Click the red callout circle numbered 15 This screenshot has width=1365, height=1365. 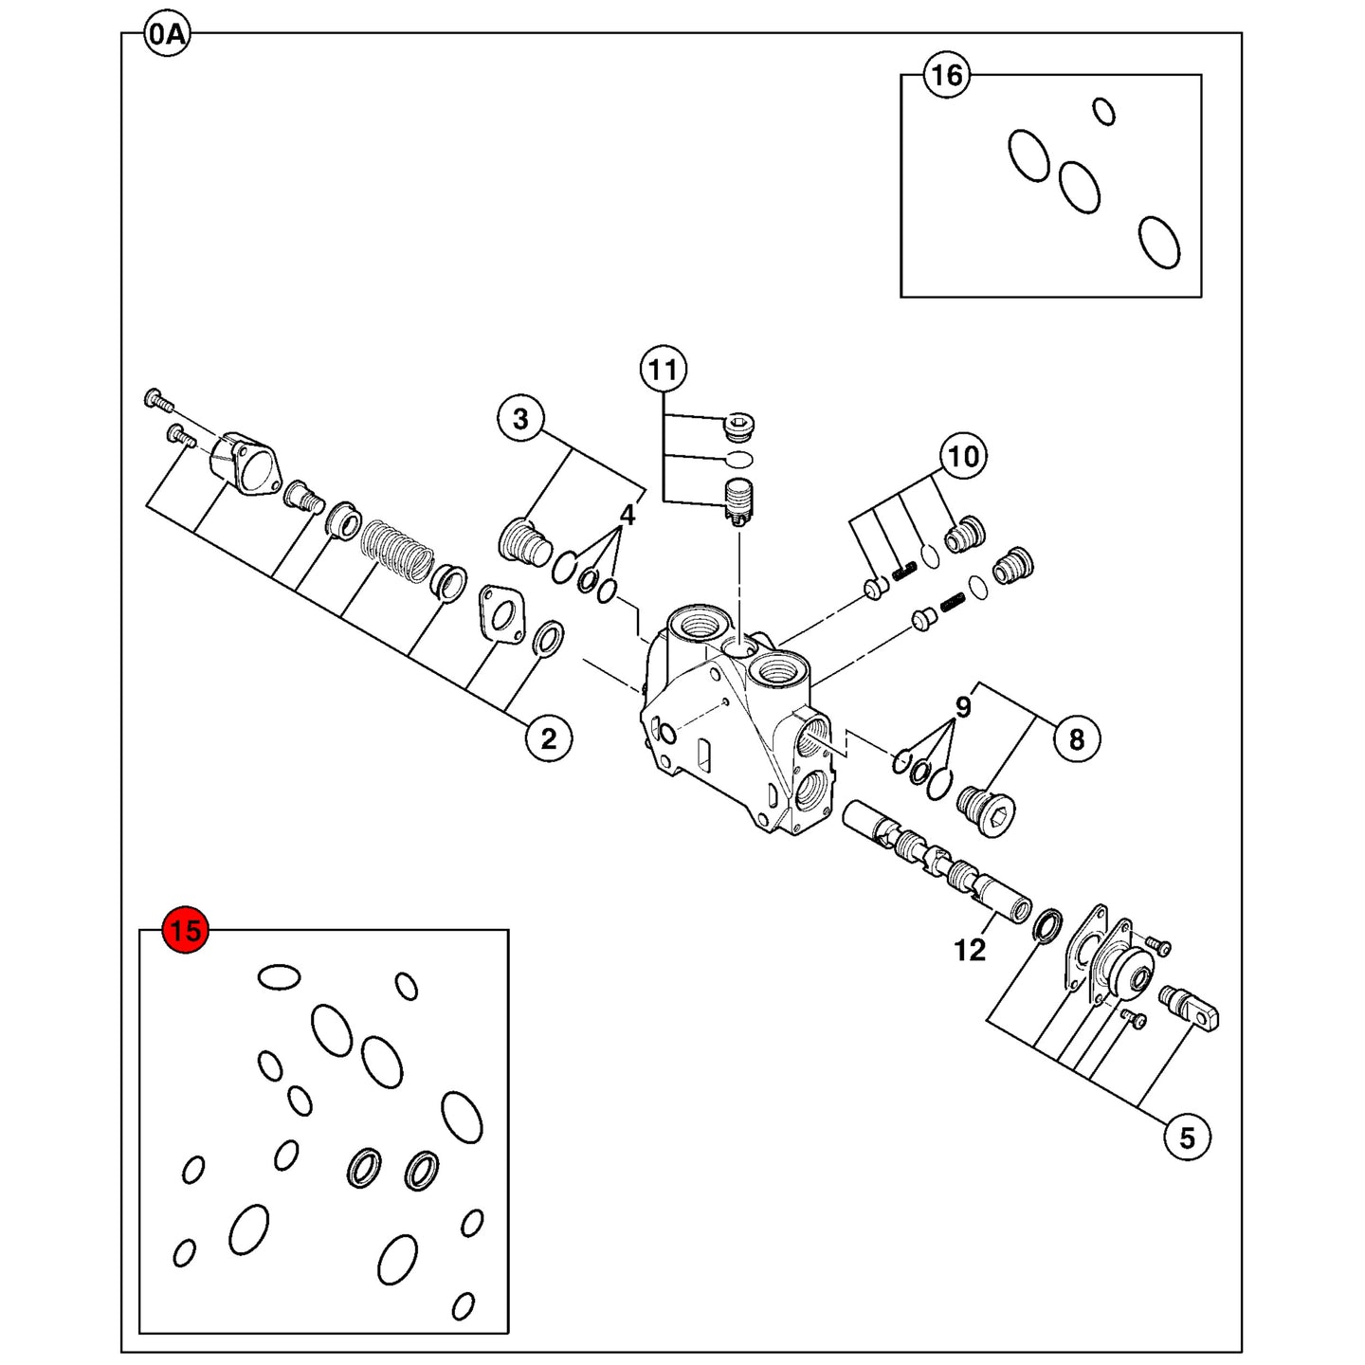185,930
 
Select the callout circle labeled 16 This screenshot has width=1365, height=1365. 948,74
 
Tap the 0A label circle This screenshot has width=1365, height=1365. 168,33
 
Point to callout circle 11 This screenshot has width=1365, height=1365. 663,369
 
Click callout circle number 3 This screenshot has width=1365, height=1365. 520,419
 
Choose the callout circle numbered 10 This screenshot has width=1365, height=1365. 963,456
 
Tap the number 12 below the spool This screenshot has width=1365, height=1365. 970,951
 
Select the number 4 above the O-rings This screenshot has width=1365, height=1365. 628,516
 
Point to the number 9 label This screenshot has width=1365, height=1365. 962,706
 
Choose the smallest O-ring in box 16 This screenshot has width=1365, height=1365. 1103,111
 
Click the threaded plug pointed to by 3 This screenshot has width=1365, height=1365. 526,542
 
